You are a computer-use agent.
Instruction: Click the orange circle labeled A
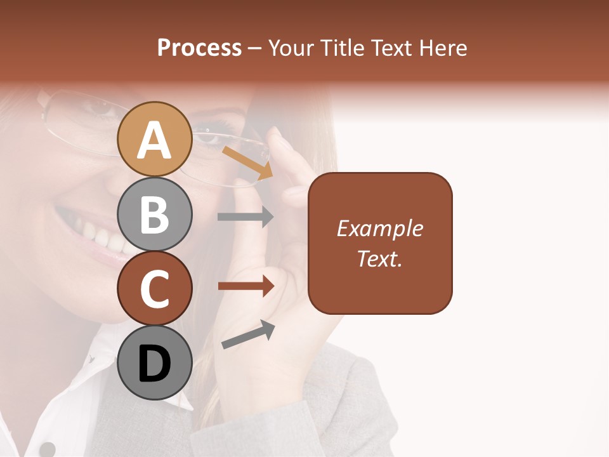pyautogui.click(x=154, y=139)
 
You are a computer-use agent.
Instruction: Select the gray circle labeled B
pyautogui.click(x=154, y=214)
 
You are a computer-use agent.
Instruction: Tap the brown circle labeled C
pyautogui.click(x=154, y=288)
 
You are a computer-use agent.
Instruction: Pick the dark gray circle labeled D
pyautogui.click(x=154, y=363)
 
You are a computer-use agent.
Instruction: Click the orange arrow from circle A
pyautogui.click(x=247, y=162)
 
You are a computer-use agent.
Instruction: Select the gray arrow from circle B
pyautogui.click(x=246, y=216)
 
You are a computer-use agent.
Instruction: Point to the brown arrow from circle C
pyautogui.click(x=246, y=286)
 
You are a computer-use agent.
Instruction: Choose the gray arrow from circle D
pyautogui.click(x=248, y=334)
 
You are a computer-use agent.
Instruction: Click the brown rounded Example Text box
pyautogui.click(x=380, y=243)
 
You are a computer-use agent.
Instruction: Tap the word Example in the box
pyautogui.click(x=380, y=228)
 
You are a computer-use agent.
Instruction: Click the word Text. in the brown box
pyautogui.click(x=380, y=258)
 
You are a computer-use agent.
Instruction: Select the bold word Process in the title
pyautogui.click(x=199, y=48)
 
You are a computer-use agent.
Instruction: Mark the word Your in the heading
pyautogui.click(x=290, y=48)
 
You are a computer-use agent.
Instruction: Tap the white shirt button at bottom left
pyautogui.click(x=47, y=449)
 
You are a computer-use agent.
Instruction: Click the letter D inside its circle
pyautogui.click(x=154, y=364)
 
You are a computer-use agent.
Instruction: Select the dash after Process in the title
pyautogui.click(x=255, y=48)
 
